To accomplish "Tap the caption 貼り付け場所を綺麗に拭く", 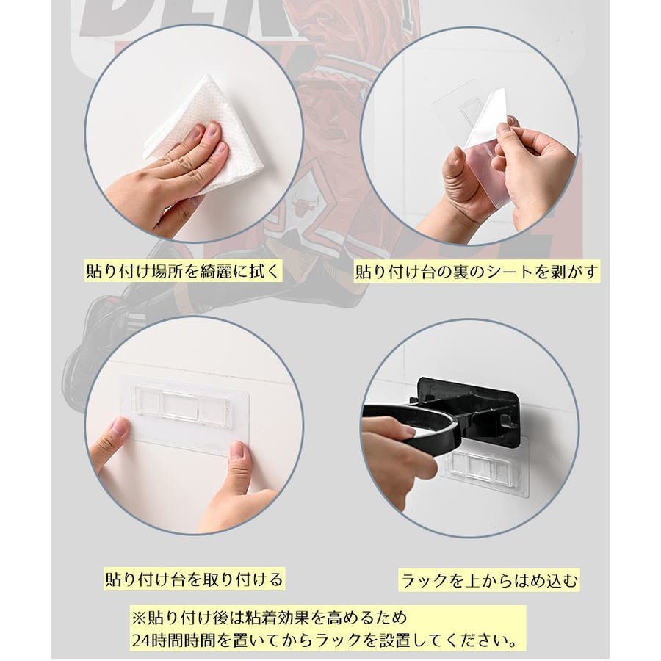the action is point(183,271).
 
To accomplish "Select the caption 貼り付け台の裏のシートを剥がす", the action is point(477,272).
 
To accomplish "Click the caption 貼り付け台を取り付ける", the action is point(194,579).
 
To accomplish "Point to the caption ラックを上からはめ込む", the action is point(488,580).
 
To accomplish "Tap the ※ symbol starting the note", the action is point(139,618).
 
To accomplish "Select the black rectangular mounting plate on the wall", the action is point(468,402).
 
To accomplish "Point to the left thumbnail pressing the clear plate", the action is point(119,428).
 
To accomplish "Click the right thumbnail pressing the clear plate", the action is point(238,452).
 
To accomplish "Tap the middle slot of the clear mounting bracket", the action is point(181,405).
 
